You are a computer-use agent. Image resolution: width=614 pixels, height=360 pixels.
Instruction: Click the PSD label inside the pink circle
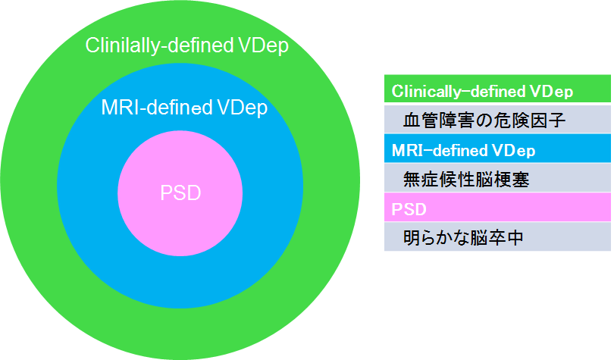click(x=180, y=193)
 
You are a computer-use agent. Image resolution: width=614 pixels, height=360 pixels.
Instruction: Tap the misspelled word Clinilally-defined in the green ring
click(x=158, y=46)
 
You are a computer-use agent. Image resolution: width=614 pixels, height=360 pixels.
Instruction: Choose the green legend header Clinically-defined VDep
click(x=482, y=91)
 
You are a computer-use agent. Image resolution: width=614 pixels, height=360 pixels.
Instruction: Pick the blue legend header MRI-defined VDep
click(x=463, y=150)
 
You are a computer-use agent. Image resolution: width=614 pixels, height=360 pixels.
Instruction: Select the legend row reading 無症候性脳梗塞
click(x=455, y=180)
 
